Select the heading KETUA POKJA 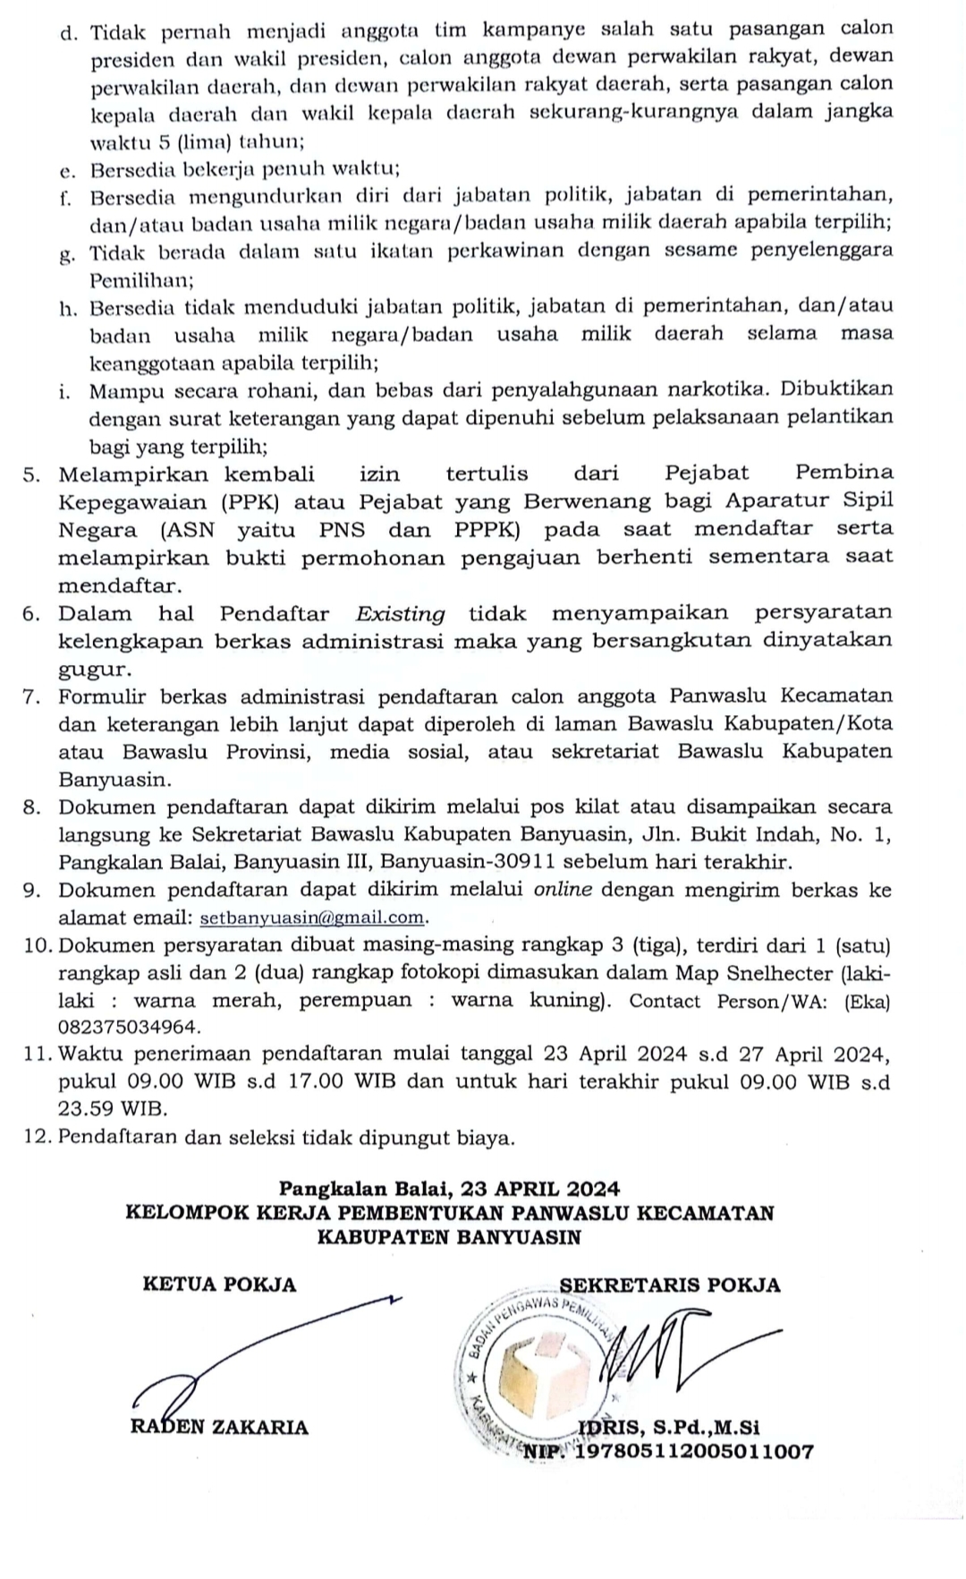click(x=219, y=1285)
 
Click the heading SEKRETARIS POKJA click(x=669, y=1285)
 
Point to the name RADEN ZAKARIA click(x=219, y=1427)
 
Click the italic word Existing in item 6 click(x=400, y=614)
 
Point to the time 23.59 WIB click(x=113, y=1108)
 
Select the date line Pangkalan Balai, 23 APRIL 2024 click(x=450, y=1189)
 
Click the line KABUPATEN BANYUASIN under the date click(x=450, y=1238)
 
